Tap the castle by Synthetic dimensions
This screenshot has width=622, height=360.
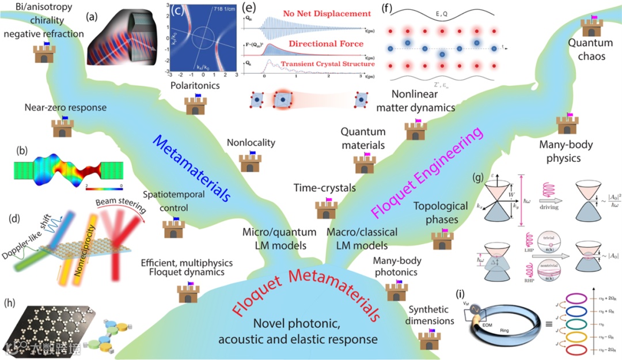[427, 339]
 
